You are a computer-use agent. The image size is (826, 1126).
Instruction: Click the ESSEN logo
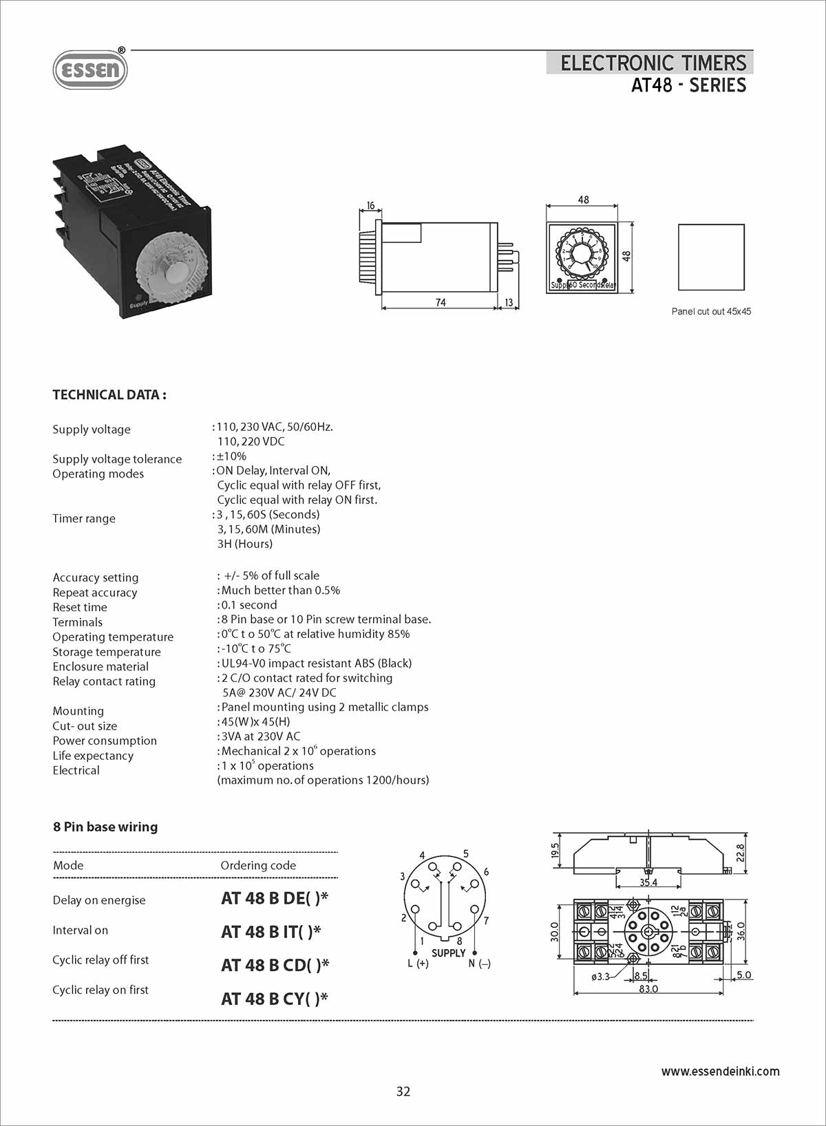tap(90, 70)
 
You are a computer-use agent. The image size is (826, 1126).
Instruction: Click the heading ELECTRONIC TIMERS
tap(653, 63)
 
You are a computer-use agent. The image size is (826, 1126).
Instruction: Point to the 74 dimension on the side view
tap(441, 303)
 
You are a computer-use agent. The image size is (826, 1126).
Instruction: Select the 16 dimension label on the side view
tap(370, 206)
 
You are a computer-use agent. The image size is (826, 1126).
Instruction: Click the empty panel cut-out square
tap(711, 257)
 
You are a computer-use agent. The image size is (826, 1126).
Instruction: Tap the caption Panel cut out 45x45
tap(711, 312)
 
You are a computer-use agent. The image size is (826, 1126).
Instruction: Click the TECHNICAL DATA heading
tap(109, 395)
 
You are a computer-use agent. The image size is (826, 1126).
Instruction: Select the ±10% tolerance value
tap(232, 456)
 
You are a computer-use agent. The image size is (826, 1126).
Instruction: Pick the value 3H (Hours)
tap(245, 544)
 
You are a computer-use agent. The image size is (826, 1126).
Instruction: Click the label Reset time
tap(80, 608)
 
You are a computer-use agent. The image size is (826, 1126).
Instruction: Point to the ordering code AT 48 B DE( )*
tap(275, 898)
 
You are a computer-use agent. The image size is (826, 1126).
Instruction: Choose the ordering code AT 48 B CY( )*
tap(275, 999)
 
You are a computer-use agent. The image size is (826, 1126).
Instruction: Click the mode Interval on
tap(81, 931)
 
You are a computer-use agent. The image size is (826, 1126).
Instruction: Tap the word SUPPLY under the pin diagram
tap(449, 953)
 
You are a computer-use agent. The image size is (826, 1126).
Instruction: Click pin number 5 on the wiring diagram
tap(466, 854)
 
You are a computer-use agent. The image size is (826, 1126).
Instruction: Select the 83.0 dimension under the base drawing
tap(648, 989)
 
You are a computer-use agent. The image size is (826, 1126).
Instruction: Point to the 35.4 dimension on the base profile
tap(648, 882)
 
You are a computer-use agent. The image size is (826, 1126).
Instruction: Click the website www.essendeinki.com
tap(720, 1072)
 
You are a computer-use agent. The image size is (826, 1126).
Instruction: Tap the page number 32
tap(403, 1092)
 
